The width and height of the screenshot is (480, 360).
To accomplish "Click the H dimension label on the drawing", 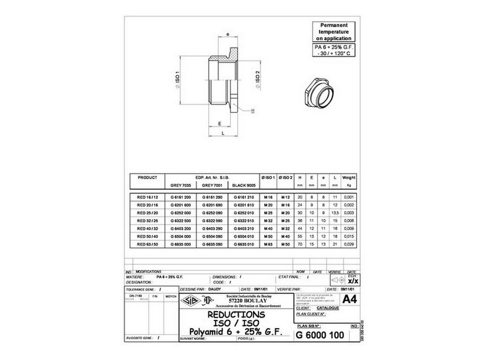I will pyautogui.click(x=253, y=111).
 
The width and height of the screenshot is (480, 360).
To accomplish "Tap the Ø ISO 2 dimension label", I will pyautogui.click(x=257, y=81).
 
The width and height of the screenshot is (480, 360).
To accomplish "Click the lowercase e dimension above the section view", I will pyautogui.click(x=227, y=35).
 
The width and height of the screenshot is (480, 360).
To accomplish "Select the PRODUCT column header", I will pyautogui.click(x=147, y=178).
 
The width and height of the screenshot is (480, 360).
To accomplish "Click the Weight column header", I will pyautogui.click(x=349, y=178).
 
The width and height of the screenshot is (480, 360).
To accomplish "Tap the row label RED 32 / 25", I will pyautogui.click(x=147, y=220).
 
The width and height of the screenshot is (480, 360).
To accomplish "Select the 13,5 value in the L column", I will pyautogui.click(x=335, y=212).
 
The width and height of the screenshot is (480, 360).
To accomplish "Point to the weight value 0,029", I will pyautogui.click(x=349, y=244).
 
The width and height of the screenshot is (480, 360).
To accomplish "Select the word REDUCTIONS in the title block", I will pyautogui.click(x=236, y=315).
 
